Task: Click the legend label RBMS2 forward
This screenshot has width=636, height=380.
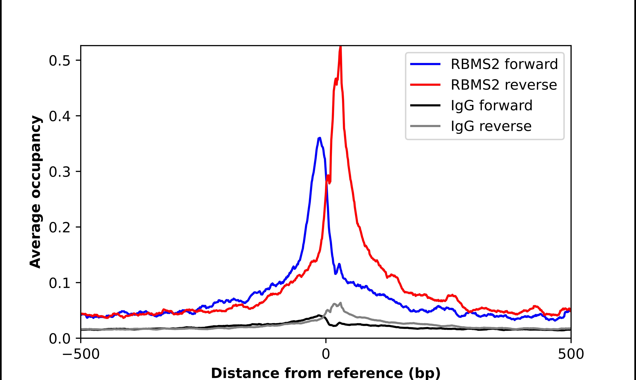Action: tap(504, 64)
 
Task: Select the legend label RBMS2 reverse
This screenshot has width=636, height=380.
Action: tap(504, 85)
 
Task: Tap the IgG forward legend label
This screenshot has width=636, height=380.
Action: tap(491, 106)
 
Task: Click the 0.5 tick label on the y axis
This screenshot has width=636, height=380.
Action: tap(59, 61)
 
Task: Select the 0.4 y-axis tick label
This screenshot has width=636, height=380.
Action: tap(59, 117)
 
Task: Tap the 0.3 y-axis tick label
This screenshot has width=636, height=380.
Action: tap(59, 172)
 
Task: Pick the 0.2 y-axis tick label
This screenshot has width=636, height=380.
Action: tap(59, 228)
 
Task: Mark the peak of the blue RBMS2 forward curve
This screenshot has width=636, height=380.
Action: tap(319, 138)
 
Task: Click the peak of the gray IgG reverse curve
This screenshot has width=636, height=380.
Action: tap(340, 303)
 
